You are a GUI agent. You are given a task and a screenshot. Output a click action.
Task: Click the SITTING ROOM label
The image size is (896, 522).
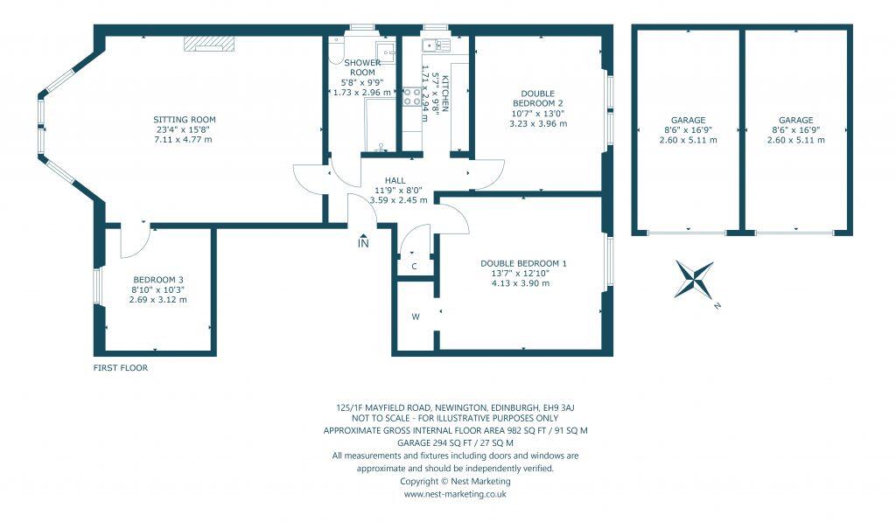click(x=184, y=120)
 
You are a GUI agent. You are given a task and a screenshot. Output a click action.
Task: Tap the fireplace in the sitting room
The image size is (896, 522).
click(x=209, y=44)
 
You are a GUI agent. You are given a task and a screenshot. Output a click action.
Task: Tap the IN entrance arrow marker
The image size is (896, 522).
click(x=363, y=242)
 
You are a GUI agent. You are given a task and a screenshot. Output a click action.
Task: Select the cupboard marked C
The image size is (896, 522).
click(x=414, y=267)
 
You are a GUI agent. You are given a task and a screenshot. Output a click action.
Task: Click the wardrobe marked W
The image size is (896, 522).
click(x=415, y=317)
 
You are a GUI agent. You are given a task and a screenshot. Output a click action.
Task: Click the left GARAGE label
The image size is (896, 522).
click(x=688, y=121)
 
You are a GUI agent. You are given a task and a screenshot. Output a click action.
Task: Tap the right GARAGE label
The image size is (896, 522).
click(x=795, y=121)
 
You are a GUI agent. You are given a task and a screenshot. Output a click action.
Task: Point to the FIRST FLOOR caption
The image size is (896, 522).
click(x=121, y=368)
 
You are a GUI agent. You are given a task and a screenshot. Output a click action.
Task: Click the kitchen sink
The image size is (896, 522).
click(x=433, y=45)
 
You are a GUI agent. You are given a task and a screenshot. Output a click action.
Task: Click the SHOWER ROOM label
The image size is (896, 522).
click(x=361, y=68)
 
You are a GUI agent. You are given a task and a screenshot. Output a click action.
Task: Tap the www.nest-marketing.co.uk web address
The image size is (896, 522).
click(x=455, y=494)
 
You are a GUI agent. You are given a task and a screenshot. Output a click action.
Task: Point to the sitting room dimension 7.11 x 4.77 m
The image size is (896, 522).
click(x=184, y=140)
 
